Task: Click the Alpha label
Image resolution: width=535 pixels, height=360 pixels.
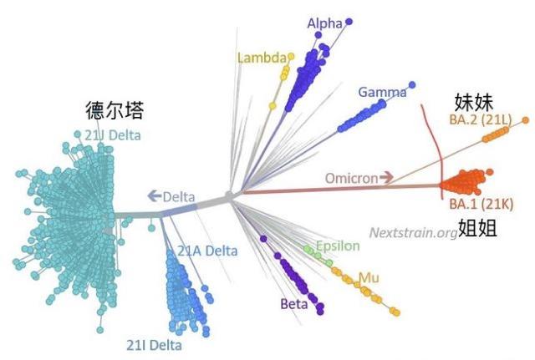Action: pos(324,23)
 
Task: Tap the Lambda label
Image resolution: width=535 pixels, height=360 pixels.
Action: pos(262,58)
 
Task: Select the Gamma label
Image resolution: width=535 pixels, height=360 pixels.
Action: pos(383,92)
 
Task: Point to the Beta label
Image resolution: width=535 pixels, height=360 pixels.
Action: pos(293,303)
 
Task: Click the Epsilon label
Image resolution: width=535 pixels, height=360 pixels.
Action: pos(338,246)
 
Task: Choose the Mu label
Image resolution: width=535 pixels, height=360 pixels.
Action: pos(369,278)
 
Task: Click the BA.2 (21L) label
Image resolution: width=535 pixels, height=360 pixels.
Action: pos(481,119)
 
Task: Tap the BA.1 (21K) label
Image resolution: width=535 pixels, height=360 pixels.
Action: pos(481,204)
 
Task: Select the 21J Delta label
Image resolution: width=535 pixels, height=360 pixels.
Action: pos(113,135)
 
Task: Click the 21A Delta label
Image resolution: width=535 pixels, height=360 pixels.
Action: pos(207,251)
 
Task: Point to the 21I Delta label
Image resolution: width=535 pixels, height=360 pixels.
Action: pos(154,345)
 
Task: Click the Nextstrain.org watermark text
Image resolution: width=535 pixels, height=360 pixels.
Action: pos(414,233)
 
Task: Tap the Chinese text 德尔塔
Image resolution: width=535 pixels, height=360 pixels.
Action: pos(115,109)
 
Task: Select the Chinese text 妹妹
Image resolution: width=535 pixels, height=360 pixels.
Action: pos(474,102)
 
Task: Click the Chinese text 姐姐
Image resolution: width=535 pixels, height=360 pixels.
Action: pos(477,228)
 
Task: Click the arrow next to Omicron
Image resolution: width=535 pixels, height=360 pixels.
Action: pos(386,177)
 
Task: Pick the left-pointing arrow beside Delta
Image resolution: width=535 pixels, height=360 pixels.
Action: pos(154,195)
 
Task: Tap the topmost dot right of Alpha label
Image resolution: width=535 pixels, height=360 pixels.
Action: pos(349,22)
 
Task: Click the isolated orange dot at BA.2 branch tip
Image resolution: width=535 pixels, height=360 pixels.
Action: pos(526,120)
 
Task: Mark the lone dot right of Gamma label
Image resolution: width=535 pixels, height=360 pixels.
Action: pos(412,84)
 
